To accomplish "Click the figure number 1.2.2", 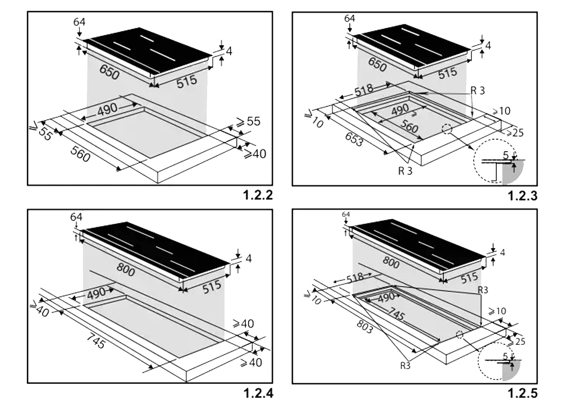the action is [258, 195].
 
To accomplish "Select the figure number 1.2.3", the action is [522, 196].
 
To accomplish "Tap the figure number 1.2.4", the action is [258, 393].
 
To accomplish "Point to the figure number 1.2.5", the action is [522, 394].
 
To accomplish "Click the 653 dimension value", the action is [354, 140].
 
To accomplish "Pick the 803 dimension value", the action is [365, 327].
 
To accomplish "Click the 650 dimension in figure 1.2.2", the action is [109, 72].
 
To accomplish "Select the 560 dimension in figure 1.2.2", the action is [80, 154].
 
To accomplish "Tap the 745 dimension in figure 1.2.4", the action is [96, 341].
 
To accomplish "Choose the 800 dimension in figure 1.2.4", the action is [126, 269].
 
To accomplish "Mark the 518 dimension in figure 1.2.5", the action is [355, 277].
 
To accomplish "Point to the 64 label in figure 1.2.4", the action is [76, 217].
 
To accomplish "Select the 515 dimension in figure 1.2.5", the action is [469, 277].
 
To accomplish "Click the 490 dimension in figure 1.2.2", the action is [107, 108].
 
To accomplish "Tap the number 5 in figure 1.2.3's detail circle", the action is [506, 155].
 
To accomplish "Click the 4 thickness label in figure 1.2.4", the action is [249, 258].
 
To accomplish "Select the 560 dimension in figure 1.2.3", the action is [409, 126].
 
